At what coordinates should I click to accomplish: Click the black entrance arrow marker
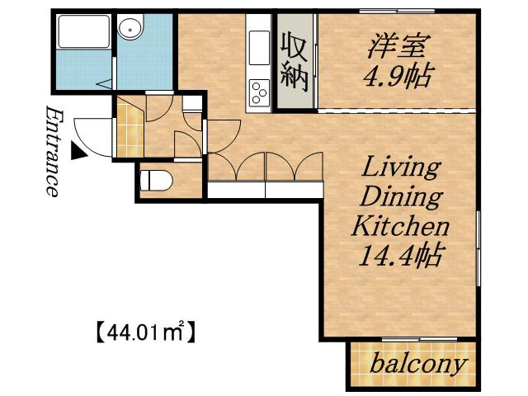(x=78, y=150)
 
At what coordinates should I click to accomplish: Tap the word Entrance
(x=53, y=151)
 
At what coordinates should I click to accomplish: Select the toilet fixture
(x=156, y=181)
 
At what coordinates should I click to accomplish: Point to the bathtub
(x=84, y=31)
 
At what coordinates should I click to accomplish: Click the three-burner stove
(x=259, y=92)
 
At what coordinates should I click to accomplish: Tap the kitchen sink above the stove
(x=259, y=48)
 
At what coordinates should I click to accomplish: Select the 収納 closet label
(x=295, y=62)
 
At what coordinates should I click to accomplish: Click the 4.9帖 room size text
(x=397, y=77)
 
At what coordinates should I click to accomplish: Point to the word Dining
(x=401, y=198)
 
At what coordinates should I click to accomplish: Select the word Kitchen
(x=400, y=226)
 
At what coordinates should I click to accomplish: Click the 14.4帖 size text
(x=400, y=256)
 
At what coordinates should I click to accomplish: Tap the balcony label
(x=418, y=364)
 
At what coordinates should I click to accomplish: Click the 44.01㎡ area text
(x=146, y=331)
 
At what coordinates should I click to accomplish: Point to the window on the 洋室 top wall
(x=397, y=11)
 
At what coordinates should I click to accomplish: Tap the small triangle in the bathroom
(x=105, y=84)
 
